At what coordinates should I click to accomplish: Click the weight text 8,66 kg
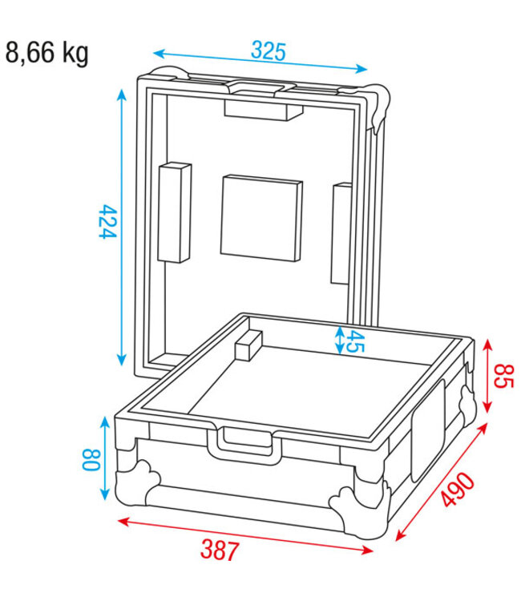click(x=47, y=54)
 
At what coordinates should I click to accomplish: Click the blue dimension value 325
click(x=268, y=51)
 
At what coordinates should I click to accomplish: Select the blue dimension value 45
click(x=355, y=342)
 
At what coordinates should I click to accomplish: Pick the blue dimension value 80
click(x=90, y=459)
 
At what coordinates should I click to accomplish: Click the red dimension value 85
click(x=503, y=376)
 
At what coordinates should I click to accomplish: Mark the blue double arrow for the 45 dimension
click(x=340, y=341)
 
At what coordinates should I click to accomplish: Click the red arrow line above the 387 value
click(x=245, y=535)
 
